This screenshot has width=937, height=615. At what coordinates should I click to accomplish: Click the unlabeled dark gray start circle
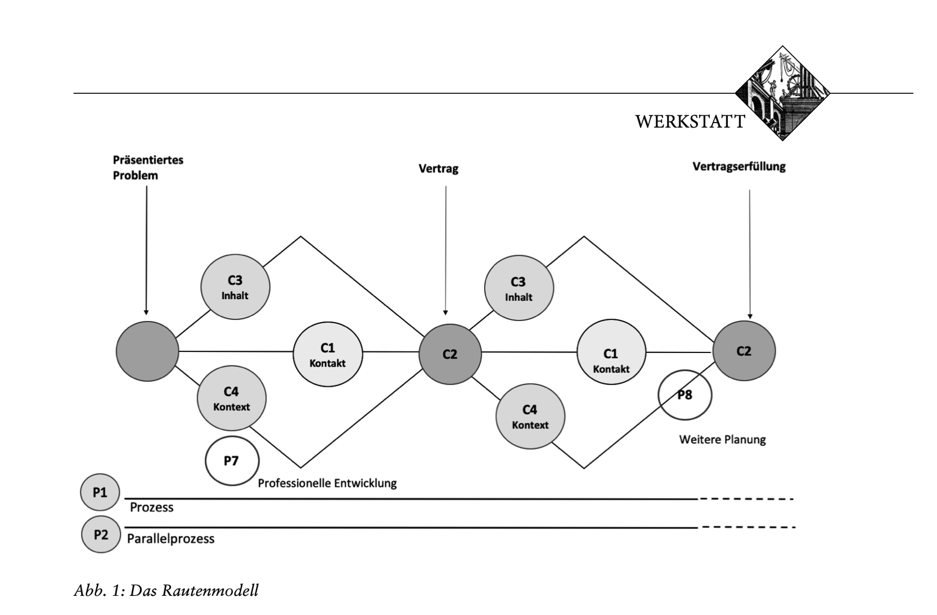(147, 351)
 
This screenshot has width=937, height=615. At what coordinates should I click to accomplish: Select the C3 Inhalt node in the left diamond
(235, 287)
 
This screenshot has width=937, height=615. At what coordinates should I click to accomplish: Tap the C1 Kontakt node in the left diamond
(327, 355)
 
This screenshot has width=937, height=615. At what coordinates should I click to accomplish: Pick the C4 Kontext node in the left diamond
(231, 398)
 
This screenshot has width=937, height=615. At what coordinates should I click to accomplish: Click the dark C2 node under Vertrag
(450, 354)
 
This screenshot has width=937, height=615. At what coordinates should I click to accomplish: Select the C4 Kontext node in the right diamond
(530, 417)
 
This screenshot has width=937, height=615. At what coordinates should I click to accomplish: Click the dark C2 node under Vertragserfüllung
(744, 351)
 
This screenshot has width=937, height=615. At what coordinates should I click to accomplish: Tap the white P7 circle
(232, 461)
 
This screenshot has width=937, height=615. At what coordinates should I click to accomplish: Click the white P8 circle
(684, 395)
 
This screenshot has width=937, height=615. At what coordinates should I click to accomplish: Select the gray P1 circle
(100, 493)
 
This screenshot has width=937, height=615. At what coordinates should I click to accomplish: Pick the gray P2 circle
(101, 535)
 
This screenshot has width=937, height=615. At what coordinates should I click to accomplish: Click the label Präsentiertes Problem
(148, 168)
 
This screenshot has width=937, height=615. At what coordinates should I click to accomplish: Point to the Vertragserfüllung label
(738, 166)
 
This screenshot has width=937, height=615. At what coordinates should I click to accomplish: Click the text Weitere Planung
(722, 440)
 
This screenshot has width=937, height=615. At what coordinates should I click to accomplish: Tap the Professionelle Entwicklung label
(327, 483)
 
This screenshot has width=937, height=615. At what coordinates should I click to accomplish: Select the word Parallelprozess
(170, 539)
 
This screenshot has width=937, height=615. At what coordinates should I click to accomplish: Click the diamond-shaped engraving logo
(782, 93)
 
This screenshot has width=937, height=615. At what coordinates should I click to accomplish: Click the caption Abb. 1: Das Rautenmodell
(166, 590)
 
